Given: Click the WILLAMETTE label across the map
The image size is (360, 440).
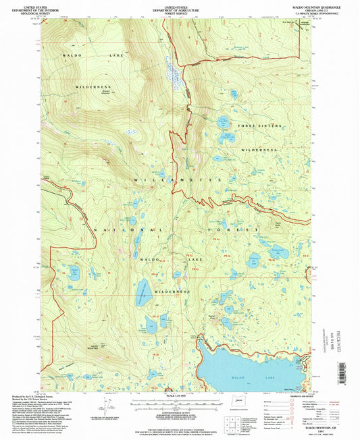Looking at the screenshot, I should click(x=178, y=181).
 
